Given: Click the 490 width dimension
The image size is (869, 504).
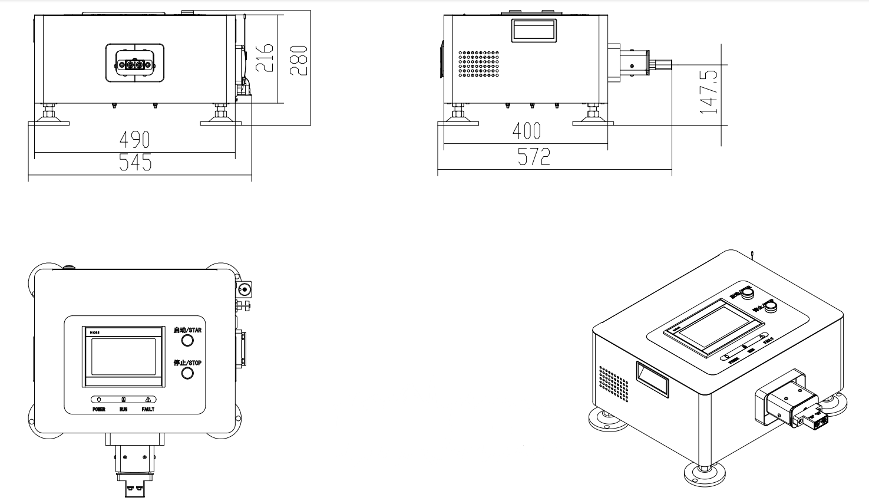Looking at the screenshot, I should point(135,140).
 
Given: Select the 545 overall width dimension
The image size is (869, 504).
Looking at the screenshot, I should point(135,162).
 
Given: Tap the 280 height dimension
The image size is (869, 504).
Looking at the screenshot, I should point(299,60).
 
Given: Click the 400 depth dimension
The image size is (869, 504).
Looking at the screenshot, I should point(526,131).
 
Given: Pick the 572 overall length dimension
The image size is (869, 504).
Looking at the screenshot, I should point(534,157).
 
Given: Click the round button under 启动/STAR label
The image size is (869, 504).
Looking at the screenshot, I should point(187,341).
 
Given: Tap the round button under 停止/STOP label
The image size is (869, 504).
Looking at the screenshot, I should point(187,373).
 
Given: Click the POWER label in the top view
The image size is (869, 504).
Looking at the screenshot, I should point(99,409).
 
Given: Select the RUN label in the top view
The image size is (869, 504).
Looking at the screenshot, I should point(123,409).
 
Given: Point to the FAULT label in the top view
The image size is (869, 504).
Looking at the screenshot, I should point(148,409).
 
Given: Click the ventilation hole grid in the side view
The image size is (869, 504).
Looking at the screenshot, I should point(479,64).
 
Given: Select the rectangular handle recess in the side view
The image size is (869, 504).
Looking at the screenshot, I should point(534,30).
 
